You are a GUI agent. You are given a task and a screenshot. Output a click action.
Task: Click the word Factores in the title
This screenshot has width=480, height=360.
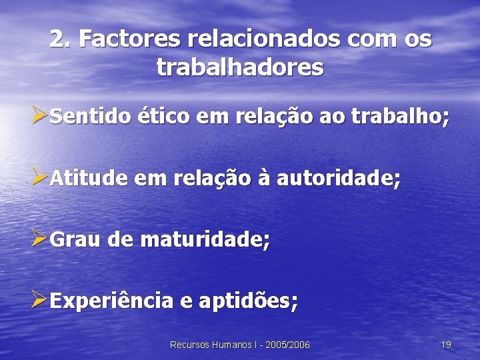pyautogui.click(x=129, y=39)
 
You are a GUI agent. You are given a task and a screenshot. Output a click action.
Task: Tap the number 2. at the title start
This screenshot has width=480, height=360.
pyautogui.click(x=61, y=39)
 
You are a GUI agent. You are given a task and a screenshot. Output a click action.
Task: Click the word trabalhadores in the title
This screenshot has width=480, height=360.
pyautogui.click(x=240, y=67)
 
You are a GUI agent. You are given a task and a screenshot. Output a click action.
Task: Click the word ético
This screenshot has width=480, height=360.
pyautogui.click(x=162, y=118)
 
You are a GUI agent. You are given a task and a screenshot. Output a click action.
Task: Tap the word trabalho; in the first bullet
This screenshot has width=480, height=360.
pyautogui.click(x=400, y=118)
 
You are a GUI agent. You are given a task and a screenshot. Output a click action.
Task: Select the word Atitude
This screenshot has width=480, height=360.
pyautogui.click(x=89, y=179)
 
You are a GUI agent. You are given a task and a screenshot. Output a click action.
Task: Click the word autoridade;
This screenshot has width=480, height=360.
pyautogui.click(x=339, y=179)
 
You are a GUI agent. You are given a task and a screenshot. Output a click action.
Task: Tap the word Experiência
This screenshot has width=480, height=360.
pyautogui.click(x=111, y=301)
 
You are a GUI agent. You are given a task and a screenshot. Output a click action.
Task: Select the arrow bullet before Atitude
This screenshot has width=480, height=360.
pyautogui.click(x=39, y=178)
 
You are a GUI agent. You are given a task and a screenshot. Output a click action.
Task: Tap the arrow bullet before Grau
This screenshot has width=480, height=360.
pyautogui.click(x=39, y=239)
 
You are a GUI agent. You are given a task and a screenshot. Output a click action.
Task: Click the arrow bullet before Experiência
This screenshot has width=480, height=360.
pyautogui.click(x=39, y=300)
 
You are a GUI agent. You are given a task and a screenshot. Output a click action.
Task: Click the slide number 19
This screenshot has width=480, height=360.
pyautogui.click(x=446, y=345)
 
